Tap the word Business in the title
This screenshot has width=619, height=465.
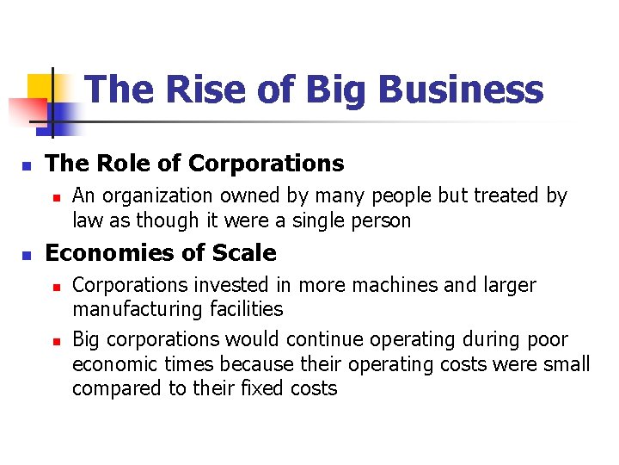(460, 90)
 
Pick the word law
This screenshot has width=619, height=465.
(87, 220)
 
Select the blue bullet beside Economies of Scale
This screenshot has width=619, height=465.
(27, 255)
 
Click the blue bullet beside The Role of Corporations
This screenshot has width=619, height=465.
(27, 164)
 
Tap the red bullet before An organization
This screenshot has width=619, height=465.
(56, 197)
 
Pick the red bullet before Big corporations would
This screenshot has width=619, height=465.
(56, 341)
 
